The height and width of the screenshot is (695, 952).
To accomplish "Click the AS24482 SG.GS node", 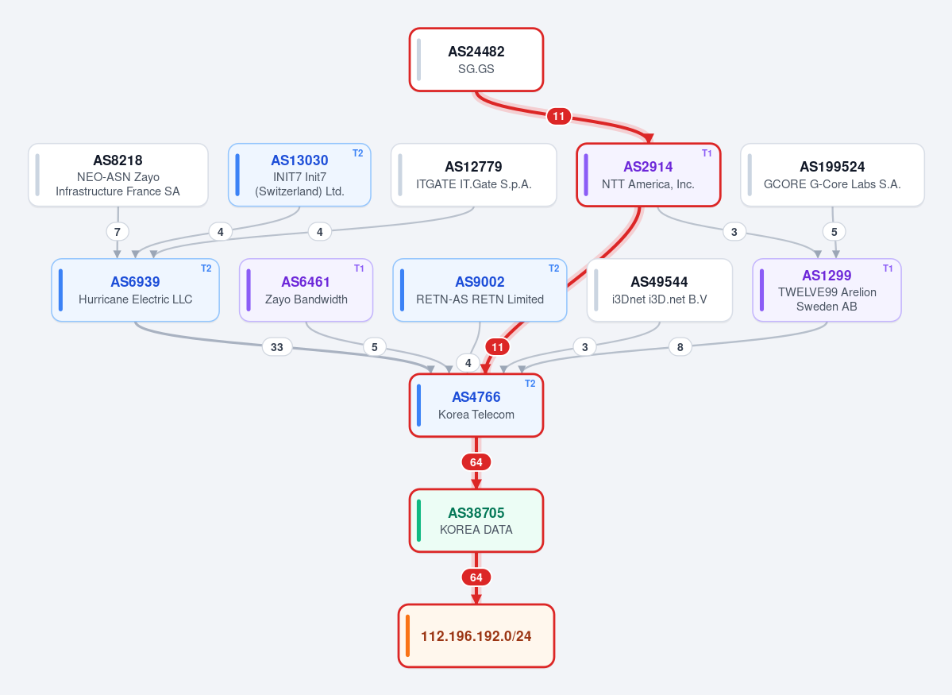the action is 476,60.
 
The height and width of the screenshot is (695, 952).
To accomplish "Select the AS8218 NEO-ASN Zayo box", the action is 118,175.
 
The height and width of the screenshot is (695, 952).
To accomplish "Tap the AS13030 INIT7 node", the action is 299,175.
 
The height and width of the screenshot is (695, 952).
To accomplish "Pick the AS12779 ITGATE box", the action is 473,175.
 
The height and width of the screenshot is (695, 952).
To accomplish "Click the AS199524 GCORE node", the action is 832,175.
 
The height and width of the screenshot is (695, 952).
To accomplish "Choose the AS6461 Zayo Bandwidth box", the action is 306,291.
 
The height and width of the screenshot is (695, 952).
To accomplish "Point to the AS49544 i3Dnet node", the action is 659,291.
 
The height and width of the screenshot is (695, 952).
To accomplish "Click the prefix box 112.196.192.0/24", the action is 476,635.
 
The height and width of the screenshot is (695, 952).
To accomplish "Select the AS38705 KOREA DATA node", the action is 476,520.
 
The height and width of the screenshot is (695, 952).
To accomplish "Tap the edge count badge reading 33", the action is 277,347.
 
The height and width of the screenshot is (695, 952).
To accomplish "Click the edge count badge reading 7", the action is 118,231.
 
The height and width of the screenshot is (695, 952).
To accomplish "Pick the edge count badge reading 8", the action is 680,347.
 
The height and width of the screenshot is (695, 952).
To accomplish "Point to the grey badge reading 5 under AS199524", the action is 834,231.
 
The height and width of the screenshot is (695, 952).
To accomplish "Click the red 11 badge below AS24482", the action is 558,116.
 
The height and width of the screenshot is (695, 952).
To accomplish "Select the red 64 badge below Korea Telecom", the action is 476,462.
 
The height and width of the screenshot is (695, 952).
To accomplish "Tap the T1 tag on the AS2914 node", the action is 707,153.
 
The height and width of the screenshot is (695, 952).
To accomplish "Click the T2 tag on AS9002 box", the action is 553,268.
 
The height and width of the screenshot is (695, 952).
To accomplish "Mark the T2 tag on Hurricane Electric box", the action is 206,268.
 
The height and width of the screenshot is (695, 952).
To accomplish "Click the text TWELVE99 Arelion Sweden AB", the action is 827,299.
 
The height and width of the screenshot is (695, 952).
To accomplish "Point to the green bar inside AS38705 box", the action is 419,520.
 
